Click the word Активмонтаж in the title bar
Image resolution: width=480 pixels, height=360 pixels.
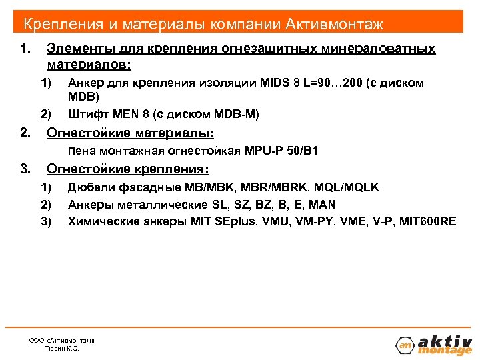335,25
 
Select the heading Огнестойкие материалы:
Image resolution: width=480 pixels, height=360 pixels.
130,133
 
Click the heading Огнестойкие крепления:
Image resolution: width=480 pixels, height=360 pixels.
128,168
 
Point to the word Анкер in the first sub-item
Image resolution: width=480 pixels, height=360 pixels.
84,83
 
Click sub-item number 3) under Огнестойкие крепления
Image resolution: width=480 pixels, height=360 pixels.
46,221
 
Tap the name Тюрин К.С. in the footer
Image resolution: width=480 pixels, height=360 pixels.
61,349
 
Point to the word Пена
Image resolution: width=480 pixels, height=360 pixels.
83,151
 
